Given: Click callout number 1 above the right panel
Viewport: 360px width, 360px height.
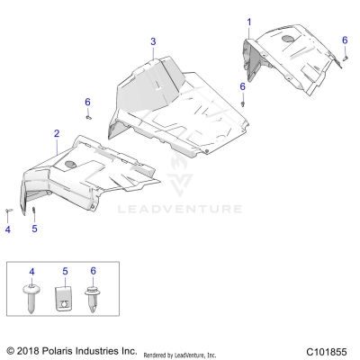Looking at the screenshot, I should point(249,21).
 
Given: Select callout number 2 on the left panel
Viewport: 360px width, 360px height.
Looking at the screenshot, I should point(56,133).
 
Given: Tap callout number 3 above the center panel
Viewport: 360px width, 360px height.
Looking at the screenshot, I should point(153,41).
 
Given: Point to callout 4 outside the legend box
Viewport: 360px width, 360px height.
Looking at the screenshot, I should point(7,229).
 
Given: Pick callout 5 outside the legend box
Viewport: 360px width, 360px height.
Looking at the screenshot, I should point(34,229).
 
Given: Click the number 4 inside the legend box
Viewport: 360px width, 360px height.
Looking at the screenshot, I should point(33,271).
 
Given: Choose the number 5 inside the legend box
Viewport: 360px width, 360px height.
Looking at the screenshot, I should point(64,271).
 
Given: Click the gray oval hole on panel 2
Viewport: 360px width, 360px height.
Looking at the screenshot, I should point(70,165).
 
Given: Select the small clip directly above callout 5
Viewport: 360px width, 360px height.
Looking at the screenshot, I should point(34,211).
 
